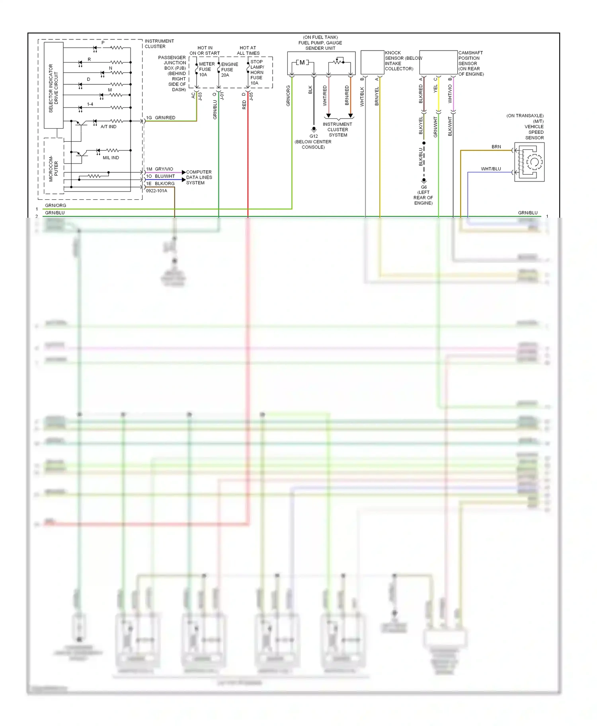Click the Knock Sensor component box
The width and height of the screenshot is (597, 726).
[372, 62]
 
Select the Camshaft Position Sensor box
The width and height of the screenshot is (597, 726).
[438, 62]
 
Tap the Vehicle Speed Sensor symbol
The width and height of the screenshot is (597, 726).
[529, 162]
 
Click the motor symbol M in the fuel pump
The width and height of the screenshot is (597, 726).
[302, 62]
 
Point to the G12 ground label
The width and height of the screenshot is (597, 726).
[314, 136]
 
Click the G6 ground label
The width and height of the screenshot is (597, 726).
[424, 187]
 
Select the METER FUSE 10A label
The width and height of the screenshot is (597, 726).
[206, 69]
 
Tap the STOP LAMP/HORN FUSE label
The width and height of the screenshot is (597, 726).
[257, 72]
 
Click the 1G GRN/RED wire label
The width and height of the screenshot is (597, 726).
[161, 118]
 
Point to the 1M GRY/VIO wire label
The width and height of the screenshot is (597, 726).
[160, 169]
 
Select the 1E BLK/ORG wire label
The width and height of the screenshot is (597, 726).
[160, 183]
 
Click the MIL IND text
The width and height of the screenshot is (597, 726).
[111, 158]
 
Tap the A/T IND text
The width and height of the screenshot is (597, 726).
[108, 127]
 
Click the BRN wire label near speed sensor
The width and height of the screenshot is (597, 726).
[496, 147]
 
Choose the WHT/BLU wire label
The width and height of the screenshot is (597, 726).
[491, 169]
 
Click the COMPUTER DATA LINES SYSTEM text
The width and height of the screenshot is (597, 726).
[199, 178]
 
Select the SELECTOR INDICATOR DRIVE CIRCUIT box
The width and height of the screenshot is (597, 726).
[53, 86]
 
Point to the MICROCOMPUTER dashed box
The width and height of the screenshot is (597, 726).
[53, 166]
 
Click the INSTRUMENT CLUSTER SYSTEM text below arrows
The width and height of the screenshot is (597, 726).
[338, 130]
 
